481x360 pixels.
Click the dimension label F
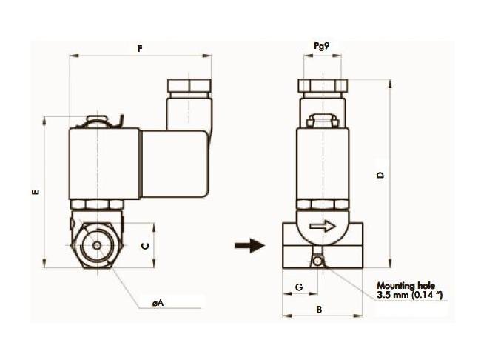coord(141,49)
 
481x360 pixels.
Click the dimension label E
coord(35,193)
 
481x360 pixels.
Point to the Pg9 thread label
coord(322,45)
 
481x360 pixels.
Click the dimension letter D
coord(380,175)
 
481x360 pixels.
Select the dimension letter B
coord(320,311)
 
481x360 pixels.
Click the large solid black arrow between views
coord(250,246)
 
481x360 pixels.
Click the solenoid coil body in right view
coord(323,163)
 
